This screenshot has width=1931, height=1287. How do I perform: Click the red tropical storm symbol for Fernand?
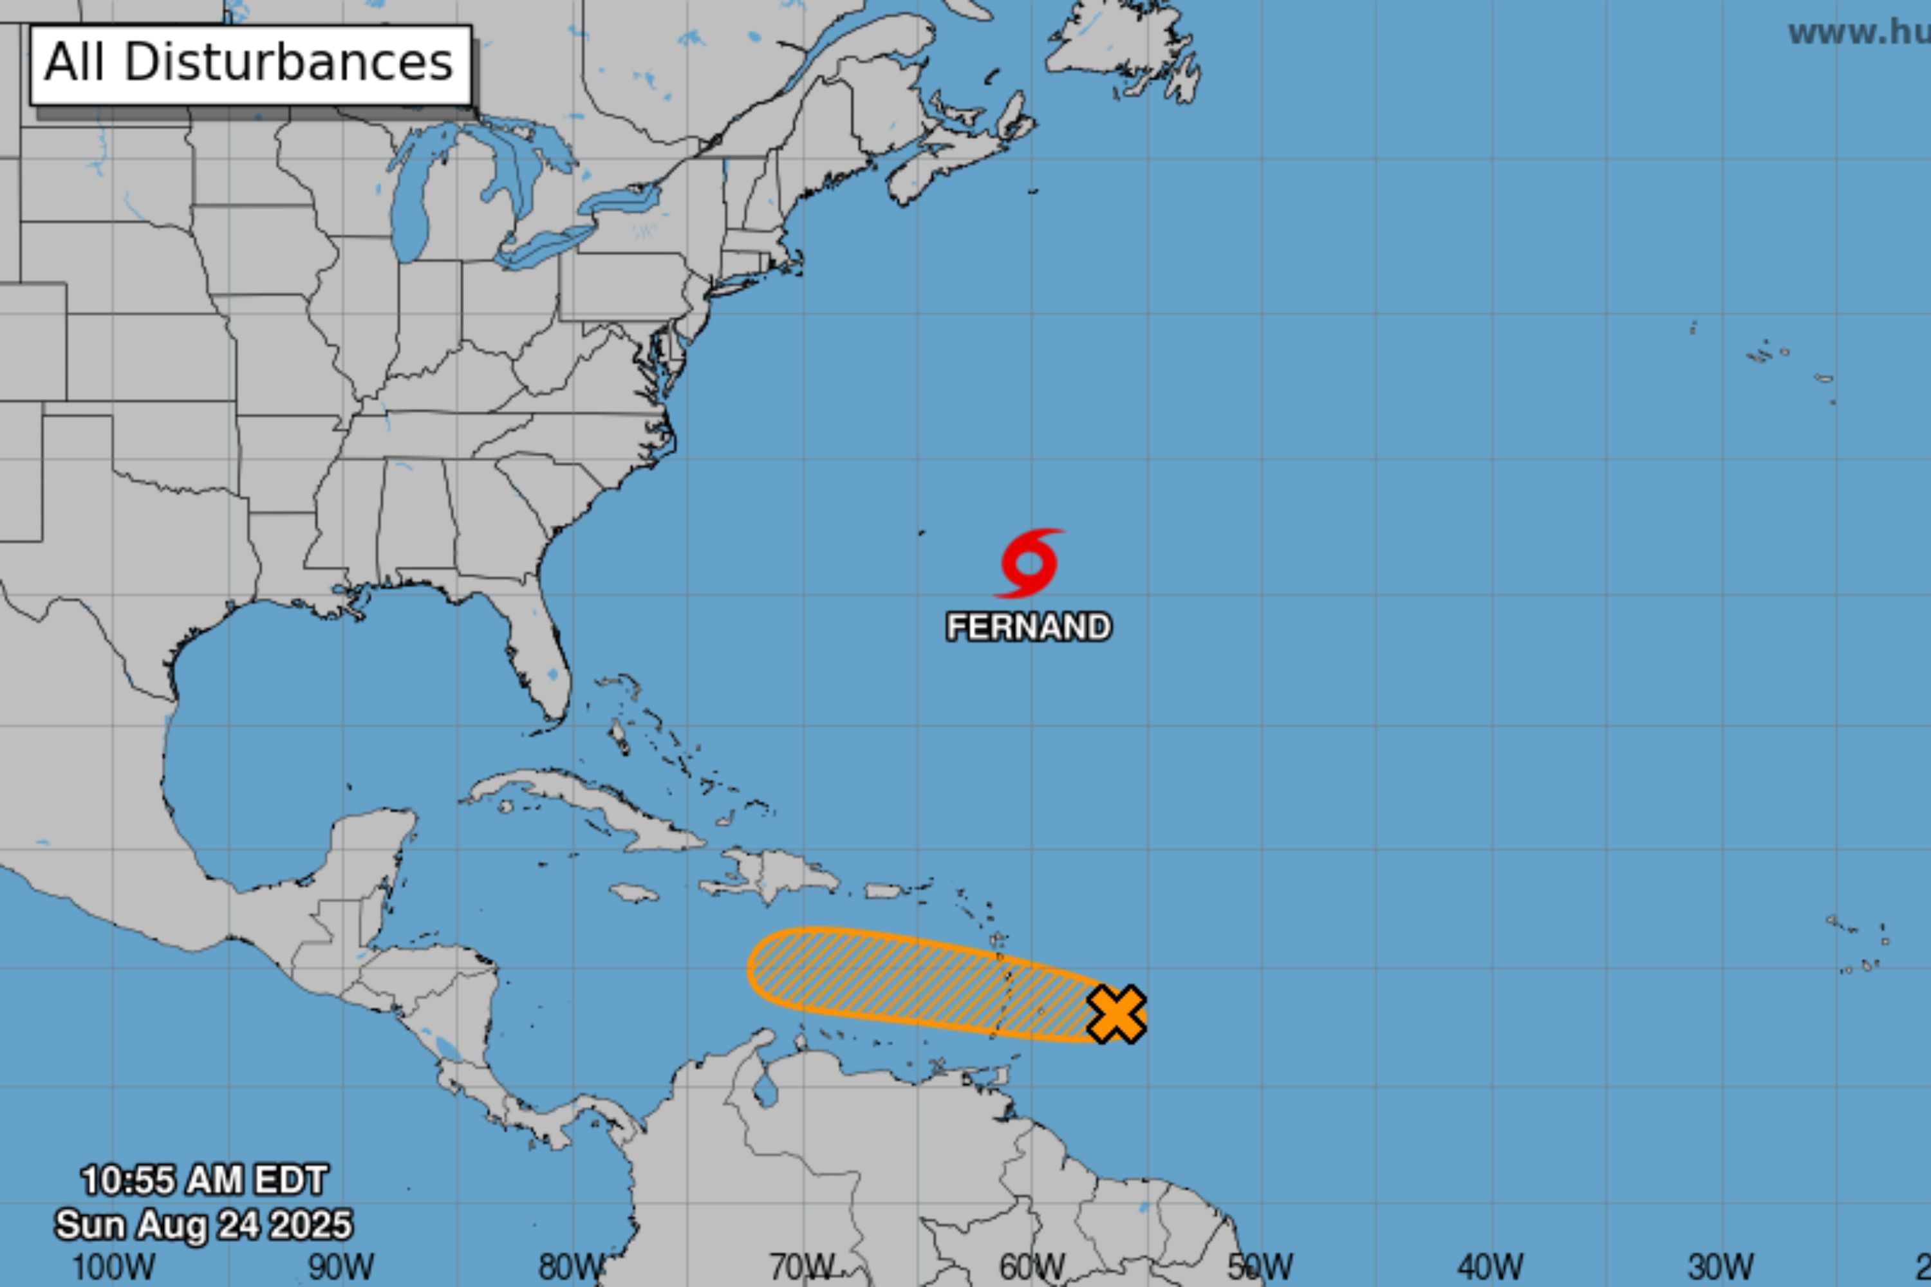click(x=1029, y=563)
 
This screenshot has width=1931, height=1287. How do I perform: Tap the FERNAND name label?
click(x=1029, y=627)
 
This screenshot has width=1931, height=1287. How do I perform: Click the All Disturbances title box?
click(x=250, y=64)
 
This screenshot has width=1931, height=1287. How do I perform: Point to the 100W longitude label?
click(x=113, y=1267)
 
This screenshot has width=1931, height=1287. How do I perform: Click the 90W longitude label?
click(x=342, y=1267)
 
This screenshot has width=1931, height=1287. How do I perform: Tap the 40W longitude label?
click(x=1491, y=1267)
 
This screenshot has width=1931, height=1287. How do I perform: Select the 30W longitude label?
click(x=1721, y=1267)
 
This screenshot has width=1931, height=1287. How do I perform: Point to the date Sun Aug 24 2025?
click(x=203, y=1225)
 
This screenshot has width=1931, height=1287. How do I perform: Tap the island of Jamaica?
click(x=634, y=892)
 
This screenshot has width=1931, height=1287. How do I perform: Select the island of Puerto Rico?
click(x=885, y=891)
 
